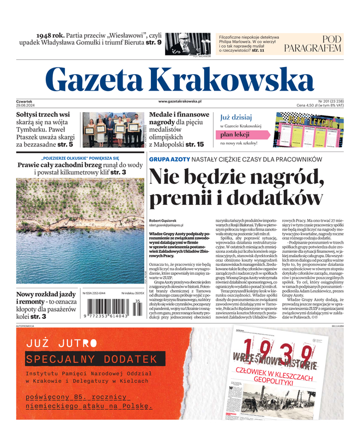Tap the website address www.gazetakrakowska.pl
click(180, 101)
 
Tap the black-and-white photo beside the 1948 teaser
click(187, 44)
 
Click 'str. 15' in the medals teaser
click(194, 144)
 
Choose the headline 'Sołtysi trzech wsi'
click(43, 115)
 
